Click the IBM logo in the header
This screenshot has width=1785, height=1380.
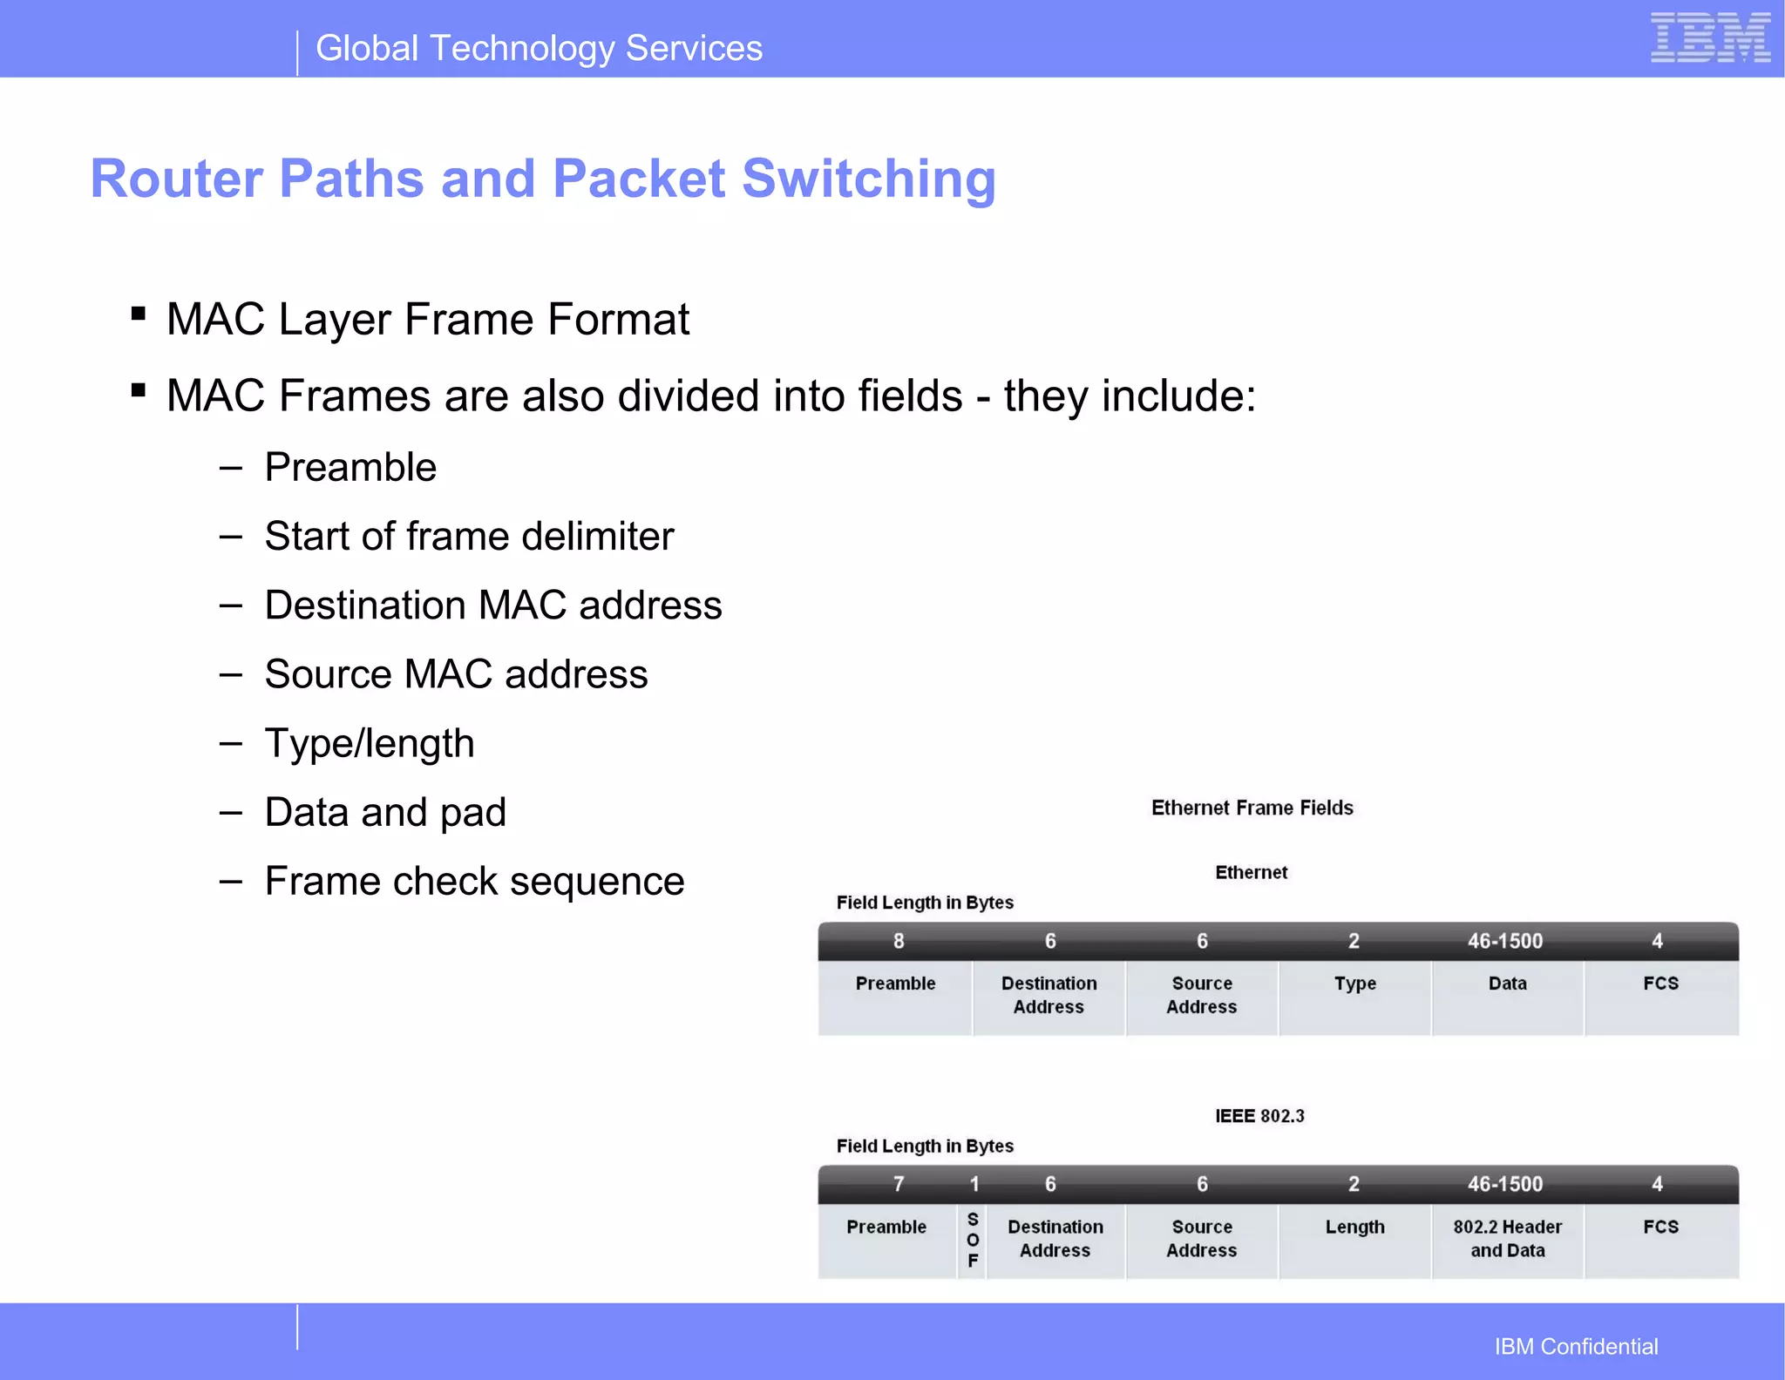click(x=1709, y=38)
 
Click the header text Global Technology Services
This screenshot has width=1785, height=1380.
click(x=539, y=49)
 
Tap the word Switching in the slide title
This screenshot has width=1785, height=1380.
click(x=868, y=179)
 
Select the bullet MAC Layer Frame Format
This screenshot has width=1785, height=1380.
click(x=427, y=319)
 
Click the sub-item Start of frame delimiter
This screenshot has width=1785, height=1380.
click(x=469, y=536)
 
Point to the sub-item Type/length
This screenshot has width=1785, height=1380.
click(x=370, y=743)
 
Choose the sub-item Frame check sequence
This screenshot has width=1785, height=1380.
click(x=474, y=881)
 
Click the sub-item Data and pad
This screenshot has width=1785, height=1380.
click(x=385, y=812)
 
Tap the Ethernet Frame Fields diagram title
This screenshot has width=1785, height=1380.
click(x=1252, y=808)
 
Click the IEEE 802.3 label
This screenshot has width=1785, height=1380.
click(x=1259, y=1116)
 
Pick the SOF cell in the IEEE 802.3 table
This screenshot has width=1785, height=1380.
click(x=973, y=1240)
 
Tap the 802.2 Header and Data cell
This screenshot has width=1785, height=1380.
click(x=1507, y=1239)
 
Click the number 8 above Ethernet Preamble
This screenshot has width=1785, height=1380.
click(x=899, y=941)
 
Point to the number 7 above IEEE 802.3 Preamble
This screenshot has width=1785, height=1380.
click(x=899, y=1184)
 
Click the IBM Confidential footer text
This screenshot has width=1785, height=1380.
click(x=1576, y=1346)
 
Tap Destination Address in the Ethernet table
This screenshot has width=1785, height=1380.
click(x=1049, y=995)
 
